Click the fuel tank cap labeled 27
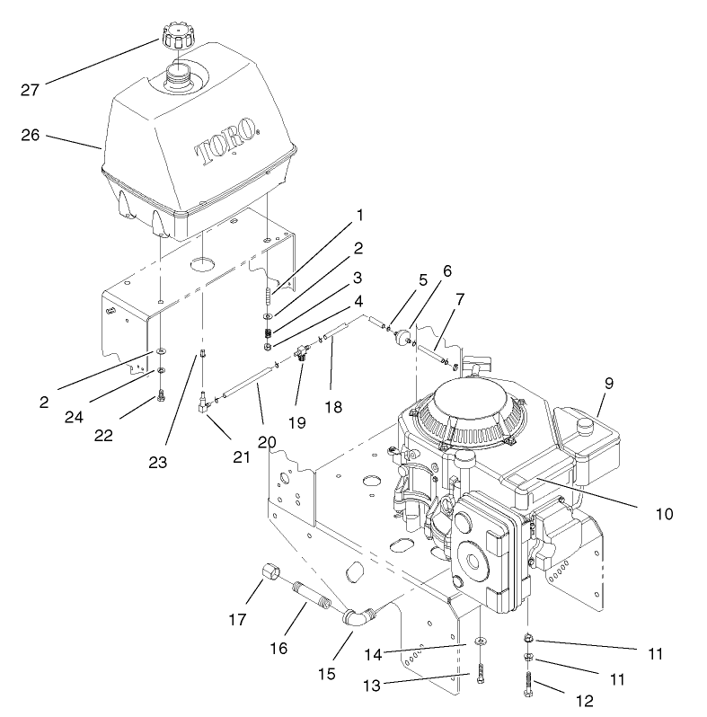click(x=179, y=38)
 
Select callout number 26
click(x=31, y=136)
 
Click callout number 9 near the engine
click(x=608, y=382)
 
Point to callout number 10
click(x=663, y=515)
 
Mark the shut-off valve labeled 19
click(x=301, y=358)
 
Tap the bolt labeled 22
click(x=161, y=395)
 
